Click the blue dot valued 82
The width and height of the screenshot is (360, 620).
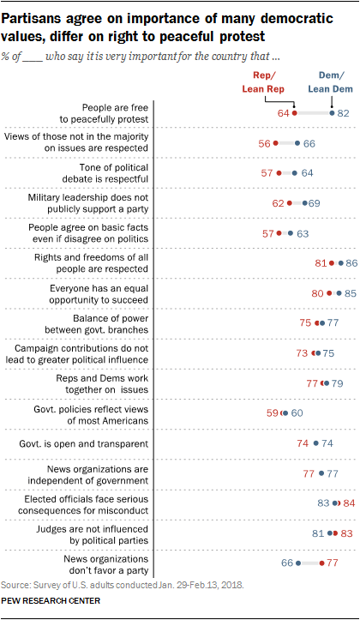pyautogui.click(x=333, y=112)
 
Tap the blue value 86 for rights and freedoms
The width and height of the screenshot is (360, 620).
pyautogui.click(x=350, y=262)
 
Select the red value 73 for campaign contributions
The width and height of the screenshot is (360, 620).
pyautogui.click(x=302, y=352)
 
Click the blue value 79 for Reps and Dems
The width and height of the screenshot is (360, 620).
pyautogui.click(x=338, y=382)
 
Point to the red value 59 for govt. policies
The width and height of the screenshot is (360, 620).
pyautogui.click(x=272, y=412)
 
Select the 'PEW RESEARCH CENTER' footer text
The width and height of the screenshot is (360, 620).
pyautogui.click(x=51, y=601)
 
